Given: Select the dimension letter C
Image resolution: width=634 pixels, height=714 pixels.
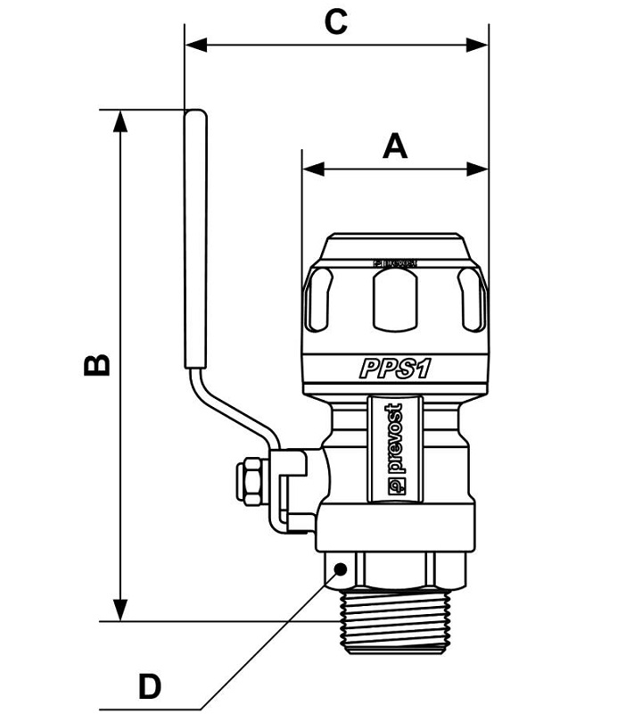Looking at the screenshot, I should point(335,22).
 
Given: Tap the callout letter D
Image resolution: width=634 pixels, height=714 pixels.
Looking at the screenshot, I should point(150,687).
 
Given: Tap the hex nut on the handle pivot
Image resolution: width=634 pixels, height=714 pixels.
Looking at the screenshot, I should point(251,479).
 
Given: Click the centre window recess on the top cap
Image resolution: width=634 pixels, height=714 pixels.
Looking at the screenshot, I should point(394,299).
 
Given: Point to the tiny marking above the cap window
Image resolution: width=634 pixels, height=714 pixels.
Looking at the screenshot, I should point(394,263).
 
